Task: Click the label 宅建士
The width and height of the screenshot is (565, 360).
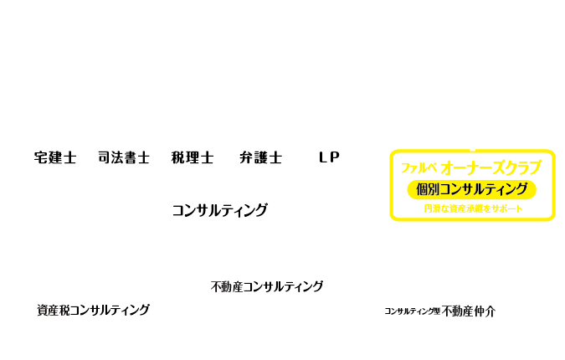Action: (55, 157)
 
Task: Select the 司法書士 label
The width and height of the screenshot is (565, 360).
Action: (124, 157)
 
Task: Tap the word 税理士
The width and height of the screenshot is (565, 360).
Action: (193, 157)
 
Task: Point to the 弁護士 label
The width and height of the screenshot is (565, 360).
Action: (260, 157)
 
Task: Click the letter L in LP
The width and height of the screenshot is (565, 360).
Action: (323, 157)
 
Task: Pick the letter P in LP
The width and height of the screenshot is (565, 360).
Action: (335, 157)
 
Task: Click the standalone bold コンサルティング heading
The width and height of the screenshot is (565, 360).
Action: (219, 210)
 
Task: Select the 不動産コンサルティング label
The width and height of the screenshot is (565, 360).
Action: (267, 286)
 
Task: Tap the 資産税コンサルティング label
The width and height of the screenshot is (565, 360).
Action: (93, 310)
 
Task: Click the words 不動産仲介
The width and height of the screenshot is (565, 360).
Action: (469, 311)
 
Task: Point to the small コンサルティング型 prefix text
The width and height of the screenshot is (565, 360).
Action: (412, 311)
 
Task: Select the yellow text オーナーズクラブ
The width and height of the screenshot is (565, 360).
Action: (491, 167)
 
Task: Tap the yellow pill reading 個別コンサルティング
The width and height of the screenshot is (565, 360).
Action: (471, 189)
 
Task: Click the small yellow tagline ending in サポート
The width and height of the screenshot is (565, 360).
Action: (473, 208)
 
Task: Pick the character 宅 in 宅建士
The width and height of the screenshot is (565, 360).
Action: (41, 157)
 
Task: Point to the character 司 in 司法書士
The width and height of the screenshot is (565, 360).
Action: (105, 157)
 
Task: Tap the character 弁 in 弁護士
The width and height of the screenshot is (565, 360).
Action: (246, 157)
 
